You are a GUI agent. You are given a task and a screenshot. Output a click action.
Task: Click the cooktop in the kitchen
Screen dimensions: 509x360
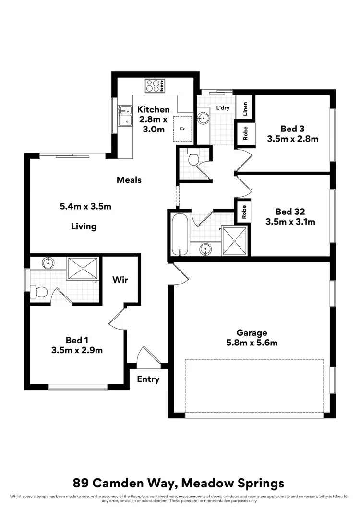155,86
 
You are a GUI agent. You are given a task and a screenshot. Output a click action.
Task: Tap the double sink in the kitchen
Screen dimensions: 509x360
124,115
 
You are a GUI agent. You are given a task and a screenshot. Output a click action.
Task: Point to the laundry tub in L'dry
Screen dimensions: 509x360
204,118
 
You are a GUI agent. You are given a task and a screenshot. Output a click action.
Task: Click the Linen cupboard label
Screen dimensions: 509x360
245,109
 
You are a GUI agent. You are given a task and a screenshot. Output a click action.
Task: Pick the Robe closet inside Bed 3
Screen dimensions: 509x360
245,135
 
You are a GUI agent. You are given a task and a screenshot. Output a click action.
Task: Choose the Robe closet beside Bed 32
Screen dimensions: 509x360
244,212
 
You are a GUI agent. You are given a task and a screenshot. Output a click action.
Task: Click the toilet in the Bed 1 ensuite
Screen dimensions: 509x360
39,291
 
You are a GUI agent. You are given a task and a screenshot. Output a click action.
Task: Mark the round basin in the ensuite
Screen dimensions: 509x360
48,263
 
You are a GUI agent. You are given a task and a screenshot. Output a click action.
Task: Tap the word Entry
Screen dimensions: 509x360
148,379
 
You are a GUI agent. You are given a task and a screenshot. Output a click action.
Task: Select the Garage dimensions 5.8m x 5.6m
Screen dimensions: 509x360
252,343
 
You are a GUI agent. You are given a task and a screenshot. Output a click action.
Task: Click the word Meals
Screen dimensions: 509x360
129,180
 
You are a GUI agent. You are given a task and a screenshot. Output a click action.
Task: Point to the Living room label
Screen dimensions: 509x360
84,226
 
